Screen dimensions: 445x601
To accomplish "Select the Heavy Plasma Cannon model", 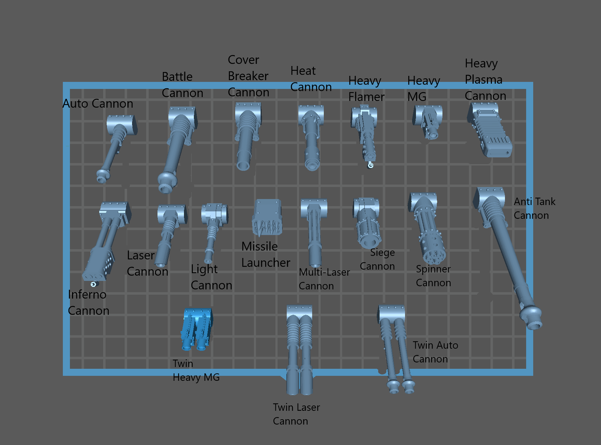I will [490, 130].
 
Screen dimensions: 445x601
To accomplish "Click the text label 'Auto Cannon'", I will [98, 104].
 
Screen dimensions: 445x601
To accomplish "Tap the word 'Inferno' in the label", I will [87, 294].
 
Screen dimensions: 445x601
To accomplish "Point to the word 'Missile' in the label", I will [260, 246].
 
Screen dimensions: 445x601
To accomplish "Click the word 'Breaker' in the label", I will [248, 76].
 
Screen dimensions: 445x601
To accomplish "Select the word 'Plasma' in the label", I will [483, 80].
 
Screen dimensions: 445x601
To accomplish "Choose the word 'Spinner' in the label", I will [433, 269].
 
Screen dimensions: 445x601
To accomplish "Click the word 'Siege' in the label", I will [382, 253].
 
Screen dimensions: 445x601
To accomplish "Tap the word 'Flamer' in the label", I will [366, 97].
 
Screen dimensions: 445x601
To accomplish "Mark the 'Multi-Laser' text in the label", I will [324, 272].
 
